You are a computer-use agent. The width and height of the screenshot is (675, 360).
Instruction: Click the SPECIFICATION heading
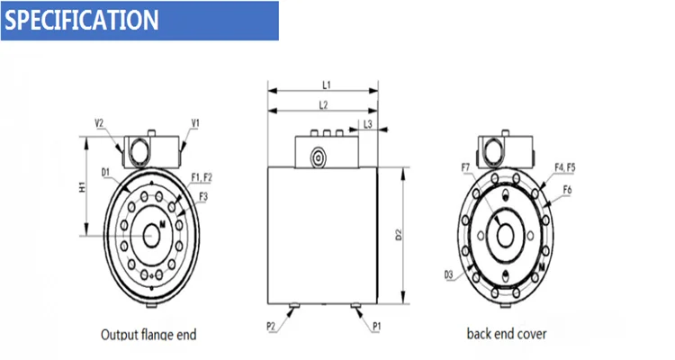click(x=82, y=20)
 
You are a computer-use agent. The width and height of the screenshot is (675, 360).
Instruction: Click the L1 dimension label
click(x=327, y=85)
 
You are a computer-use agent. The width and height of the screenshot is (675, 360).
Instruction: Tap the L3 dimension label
click(x=368, y=122)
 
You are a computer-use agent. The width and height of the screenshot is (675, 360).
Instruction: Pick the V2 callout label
click(x=100, y=122)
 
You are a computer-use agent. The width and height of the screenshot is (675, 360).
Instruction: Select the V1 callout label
click(x=195, y=122)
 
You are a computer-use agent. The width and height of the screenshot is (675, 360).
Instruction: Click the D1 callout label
click(x=105, y=171)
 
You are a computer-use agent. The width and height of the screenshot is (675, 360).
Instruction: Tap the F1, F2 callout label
click(x=202, y=177)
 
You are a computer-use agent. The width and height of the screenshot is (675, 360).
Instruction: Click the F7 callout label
click(x=465, y=168)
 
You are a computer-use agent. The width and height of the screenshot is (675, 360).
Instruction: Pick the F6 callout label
click(x=567, y=190)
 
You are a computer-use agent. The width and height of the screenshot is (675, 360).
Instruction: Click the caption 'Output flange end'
click(x=148, y=335)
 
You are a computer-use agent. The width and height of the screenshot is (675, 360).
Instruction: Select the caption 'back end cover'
click(x=506, y=334)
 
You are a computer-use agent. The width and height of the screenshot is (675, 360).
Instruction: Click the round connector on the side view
click(x=318, y=157)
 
